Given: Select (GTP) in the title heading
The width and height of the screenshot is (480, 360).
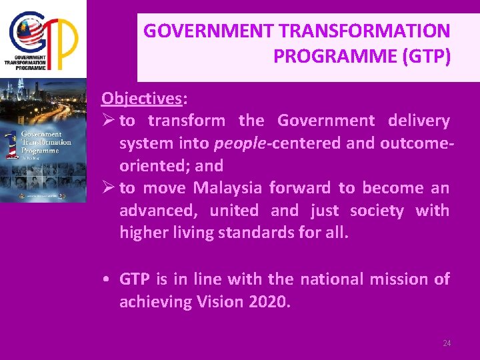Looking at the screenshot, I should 426,56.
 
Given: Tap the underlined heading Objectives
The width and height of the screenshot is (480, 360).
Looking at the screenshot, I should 141,99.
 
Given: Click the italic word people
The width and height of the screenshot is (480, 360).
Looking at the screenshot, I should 239,143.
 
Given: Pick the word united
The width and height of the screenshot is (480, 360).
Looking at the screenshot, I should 234,211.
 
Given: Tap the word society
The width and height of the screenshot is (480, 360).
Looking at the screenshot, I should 377,211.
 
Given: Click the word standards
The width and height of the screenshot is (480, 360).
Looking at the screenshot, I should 266,233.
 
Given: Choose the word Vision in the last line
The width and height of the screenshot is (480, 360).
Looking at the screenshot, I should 220,302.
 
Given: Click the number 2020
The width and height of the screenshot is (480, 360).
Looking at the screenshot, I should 269,302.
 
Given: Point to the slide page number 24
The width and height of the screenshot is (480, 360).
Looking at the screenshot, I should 447,343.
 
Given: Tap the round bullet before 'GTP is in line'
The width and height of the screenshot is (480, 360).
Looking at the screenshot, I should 107,279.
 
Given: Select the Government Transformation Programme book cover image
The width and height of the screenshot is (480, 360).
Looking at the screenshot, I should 43,140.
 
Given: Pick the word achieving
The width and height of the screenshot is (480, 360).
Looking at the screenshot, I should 155,302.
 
